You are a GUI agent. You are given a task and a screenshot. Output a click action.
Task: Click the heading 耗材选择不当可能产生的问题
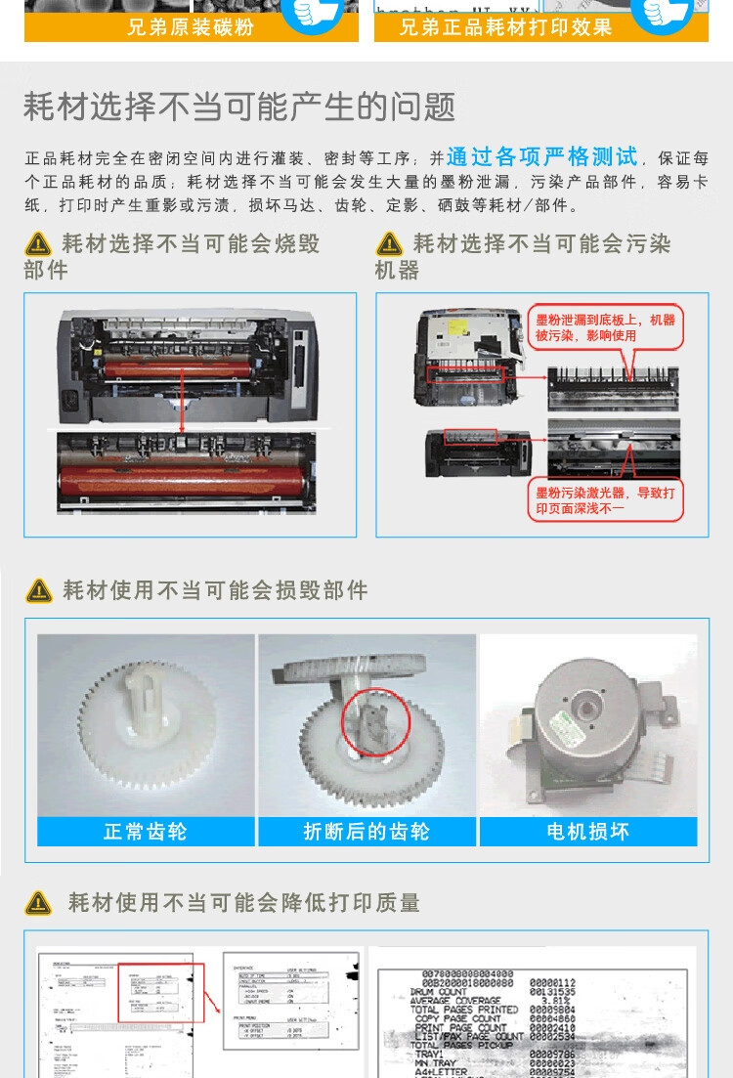[239, 107]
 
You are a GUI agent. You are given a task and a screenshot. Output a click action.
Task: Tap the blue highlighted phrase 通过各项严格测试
[541, 157]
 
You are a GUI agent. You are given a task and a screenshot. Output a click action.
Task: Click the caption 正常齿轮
[146, 832]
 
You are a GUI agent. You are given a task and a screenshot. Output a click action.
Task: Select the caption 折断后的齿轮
[366, 832]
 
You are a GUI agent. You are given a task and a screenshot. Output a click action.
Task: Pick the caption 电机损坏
[587, 832]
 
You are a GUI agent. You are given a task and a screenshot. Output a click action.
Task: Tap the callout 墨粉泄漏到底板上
[606, 327]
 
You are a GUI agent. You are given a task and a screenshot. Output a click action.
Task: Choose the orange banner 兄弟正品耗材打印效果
[505, 27]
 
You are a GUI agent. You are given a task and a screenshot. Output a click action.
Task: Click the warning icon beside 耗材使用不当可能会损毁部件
[39, 590]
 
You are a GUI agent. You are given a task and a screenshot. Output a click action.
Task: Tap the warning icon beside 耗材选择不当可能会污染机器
[390, 244]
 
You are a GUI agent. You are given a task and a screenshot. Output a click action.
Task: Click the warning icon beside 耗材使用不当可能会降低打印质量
[39, 903]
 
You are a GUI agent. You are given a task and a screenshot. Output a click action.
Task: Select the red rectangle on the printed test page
[160, 993]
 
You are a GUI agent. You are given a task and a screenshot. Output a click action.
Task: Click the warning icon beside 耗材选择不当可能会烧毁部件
[39, 244]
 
